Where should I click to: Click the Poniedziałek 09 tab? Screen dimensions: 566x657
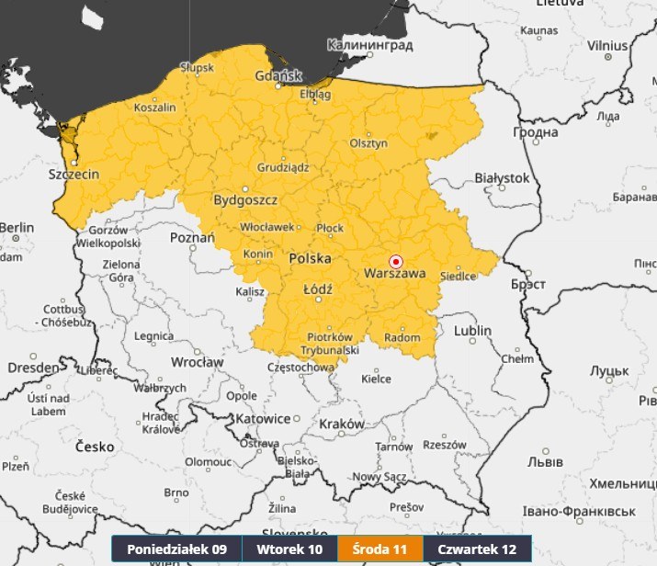[x=176, y=549]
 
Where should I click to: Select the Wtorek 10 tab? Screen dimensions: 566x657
[x=289, y=549]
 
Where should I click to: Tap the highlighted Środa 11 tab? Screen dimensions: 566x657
[x=380, y=549]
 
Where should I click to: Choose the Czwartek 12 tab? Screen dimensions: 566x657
[x=477, y=549]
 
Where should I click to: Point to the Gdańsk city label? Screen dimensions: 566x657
[x=279, y=75]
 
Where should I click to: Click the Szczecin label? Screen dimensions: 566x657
[x=74, y=173]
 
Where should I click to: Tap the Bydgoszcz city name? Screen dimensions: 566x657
[x=245, y=199]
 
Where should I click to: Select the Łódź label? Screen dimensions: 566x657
[x=318, y=289]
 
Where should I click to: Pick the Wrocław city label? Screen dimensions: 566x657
[x=197, y=362]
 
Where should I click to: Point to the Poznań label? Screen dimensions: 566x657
[x=192, y=237]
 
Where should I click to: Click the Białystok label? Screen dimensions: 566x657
[x=502, y=177]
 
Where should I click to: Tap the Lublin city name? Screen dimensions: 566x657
[x=471, y=331]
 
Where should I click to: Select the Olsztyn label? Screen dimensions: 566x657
[x=368, y=144]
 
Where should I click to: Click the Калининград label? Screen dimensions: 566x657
[x=370, y=44]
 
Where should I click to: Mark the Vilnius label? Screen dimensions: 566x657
[x=607, y=44]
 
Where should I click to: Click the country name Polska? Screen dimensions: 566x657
[x=310, y=260]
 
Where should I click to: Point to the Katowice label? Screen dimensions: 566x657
[x=263, y=418]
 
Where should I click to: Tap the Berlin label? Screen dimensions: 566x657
[x=17, y=227]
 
